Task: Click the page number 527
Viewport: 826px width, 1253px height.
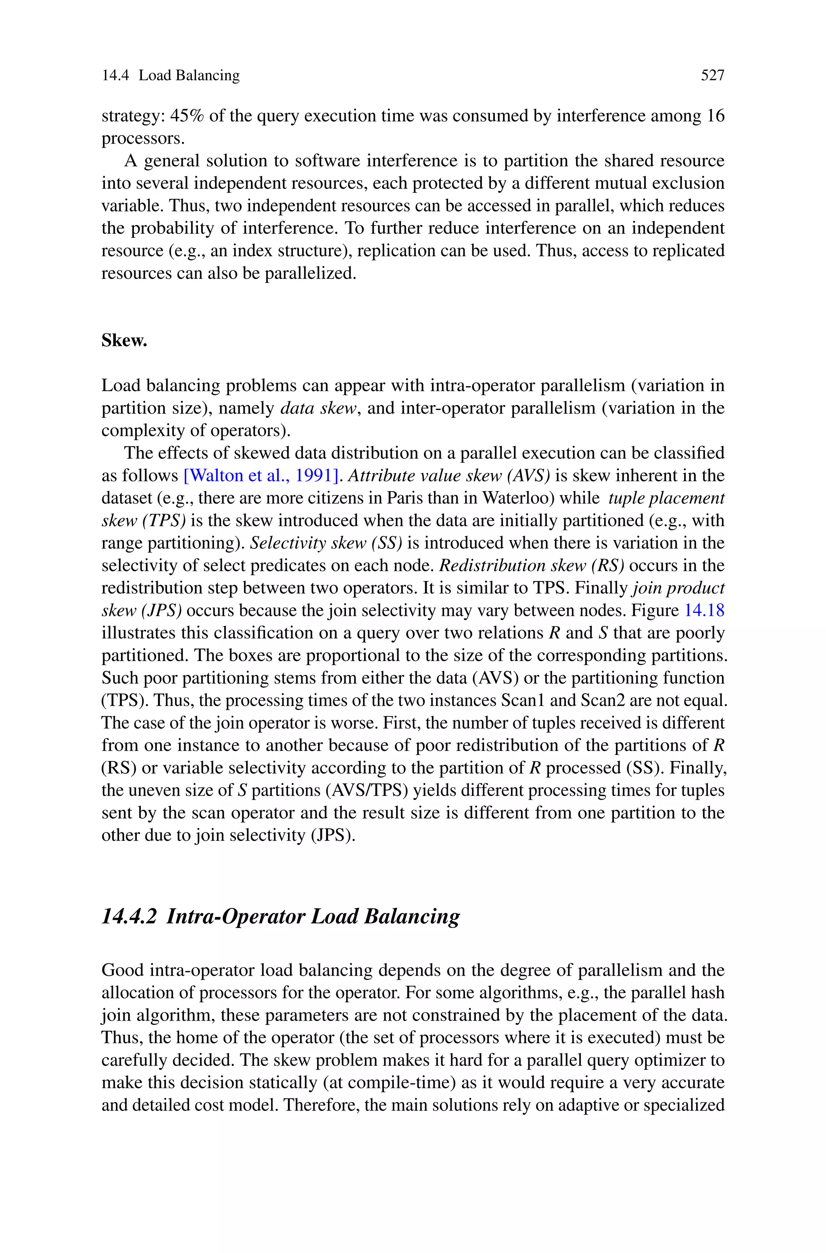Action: coord(712,76)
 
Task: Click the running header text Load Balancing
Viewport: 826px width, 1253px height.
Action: coord(189,76)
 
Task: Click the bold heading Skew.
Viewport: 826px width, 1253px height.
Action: coord(124,341)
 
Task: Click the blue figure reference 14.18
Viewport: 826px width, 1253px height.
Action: coord(704,611)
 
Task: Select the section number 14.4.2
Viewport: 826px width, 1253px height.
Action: coord(129,916)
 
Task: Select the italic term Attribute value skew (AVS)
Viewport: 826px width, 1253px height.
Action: coord(449,476)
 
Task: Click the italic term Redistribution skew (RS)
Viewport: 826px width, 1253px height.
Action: coord(532,566)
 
